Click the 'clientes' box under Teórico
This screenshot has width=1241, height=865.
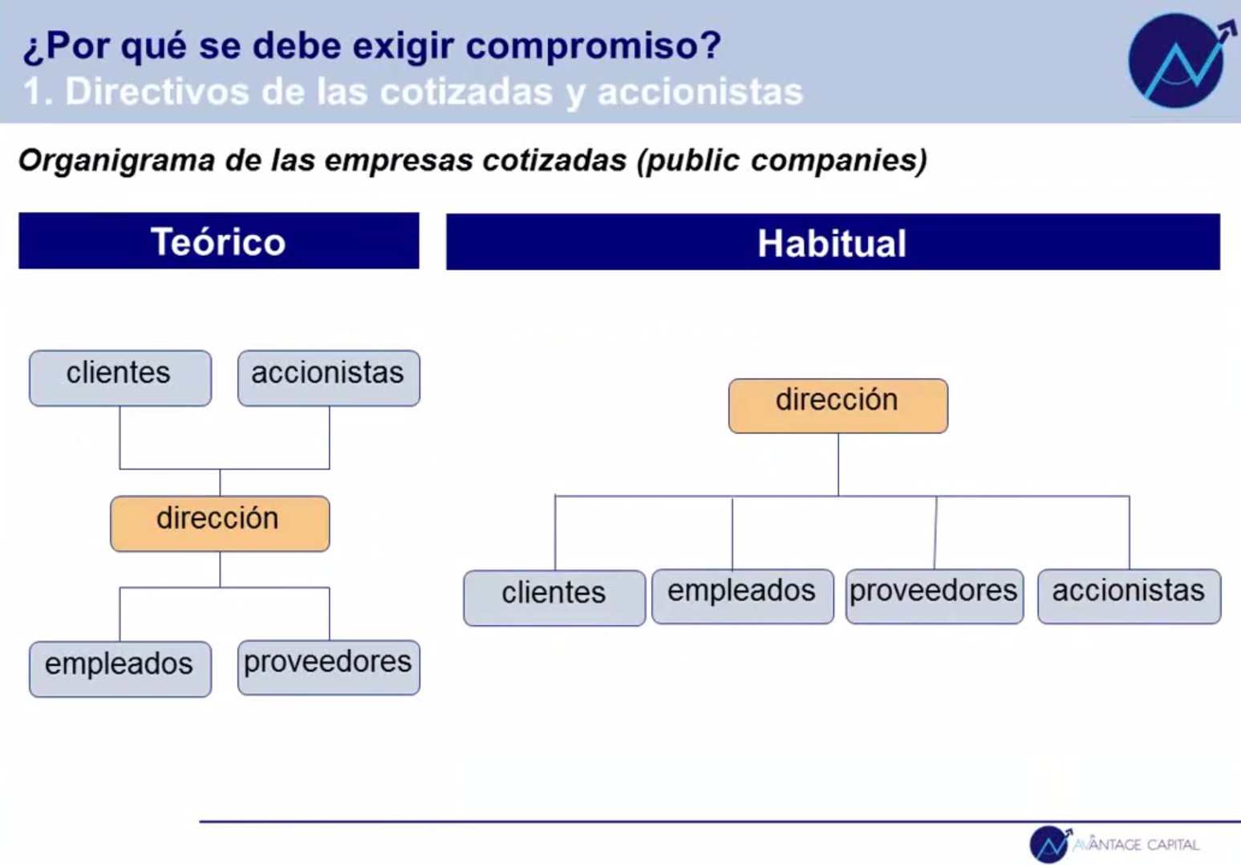point(120,378)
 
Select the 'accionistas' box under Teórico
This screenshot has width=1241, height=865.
point(329,378)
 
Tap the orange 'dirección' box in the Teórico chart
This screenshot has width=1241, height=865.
point(220,524)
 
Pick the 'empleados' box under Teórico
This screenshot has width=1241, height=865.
point(120,669)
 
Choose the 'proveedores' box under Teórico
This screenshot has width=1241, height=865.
point(329,668)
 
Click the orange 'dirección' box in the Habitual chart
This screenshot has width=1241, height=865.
point(838,406)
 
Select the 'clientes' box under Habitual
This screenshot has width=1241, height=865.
point(554,598)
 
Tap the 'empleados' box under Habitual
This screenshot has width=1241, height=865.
point(743,596)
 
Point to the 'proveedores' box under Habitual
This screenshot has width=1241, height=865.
point(935,596)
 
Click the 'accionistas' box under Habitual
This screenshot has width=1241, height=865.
point(1129,596)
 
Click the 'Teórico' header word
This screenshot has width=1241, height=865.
point(218,242)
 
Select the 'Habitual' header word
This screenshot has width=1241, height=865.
point(832,243)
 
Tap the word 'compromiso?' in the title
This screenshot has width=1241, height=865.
point(594,46)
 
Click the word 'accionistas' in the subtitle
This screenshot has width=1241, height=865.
point(700,91)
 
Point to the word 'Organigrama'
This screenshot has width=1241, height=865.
point(117,160)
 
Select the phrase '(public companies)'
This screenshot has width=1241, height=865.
point(781,160)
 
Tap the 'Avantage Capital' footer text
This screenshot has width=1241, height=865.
point(1136,844)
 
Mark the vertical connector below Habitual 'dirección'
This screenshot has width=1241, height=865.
point(838,465)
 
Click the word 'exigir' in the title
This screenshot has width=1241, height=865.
point(403,46)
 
